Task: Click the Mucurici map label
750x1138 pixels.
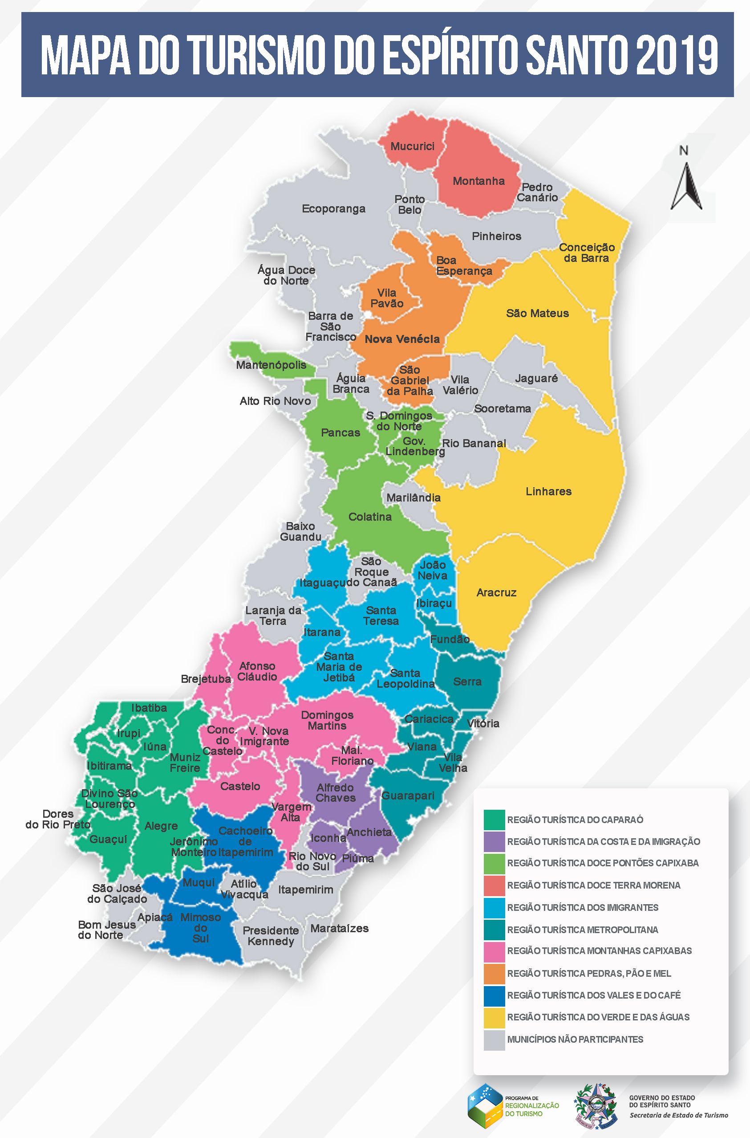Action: click(412, 147)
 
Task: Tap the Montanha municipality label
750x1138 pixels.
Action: click(478, 181)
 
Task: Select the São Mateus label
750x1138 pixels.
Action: click(537, 314)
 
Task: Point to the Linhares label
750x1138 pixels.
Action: click(548, 491)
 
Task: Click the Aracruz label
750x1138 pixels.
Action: click(496, 593)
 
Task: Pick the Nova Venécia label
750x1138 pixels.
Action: click(402, 339)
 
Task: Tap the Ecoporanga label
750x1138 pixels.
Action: click(333, 208)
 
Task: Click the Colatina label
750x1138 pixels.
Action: click(370, 517)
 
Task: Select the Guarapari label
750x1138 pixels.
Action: click(408, 796)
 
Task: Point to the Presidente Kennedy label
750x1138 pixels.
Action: click(271, 936)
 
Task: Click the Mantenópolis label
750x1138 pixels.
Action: click(271, 365)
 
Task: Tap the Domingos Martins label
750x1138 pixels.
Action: click(327, 720)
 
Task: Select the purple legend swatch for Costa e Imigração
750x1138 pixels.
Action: click(494, 842)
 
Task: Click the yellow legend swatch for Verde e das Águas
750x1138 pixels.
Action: click(494, 1018)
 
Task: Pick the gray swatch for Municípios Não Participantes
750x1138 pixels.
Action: click(494, 1040)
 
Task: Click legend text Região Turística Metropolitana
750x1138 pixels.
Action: click(582, 930)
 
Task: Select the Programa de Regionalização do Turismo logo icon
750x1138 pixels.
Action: click(485, 1106)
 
